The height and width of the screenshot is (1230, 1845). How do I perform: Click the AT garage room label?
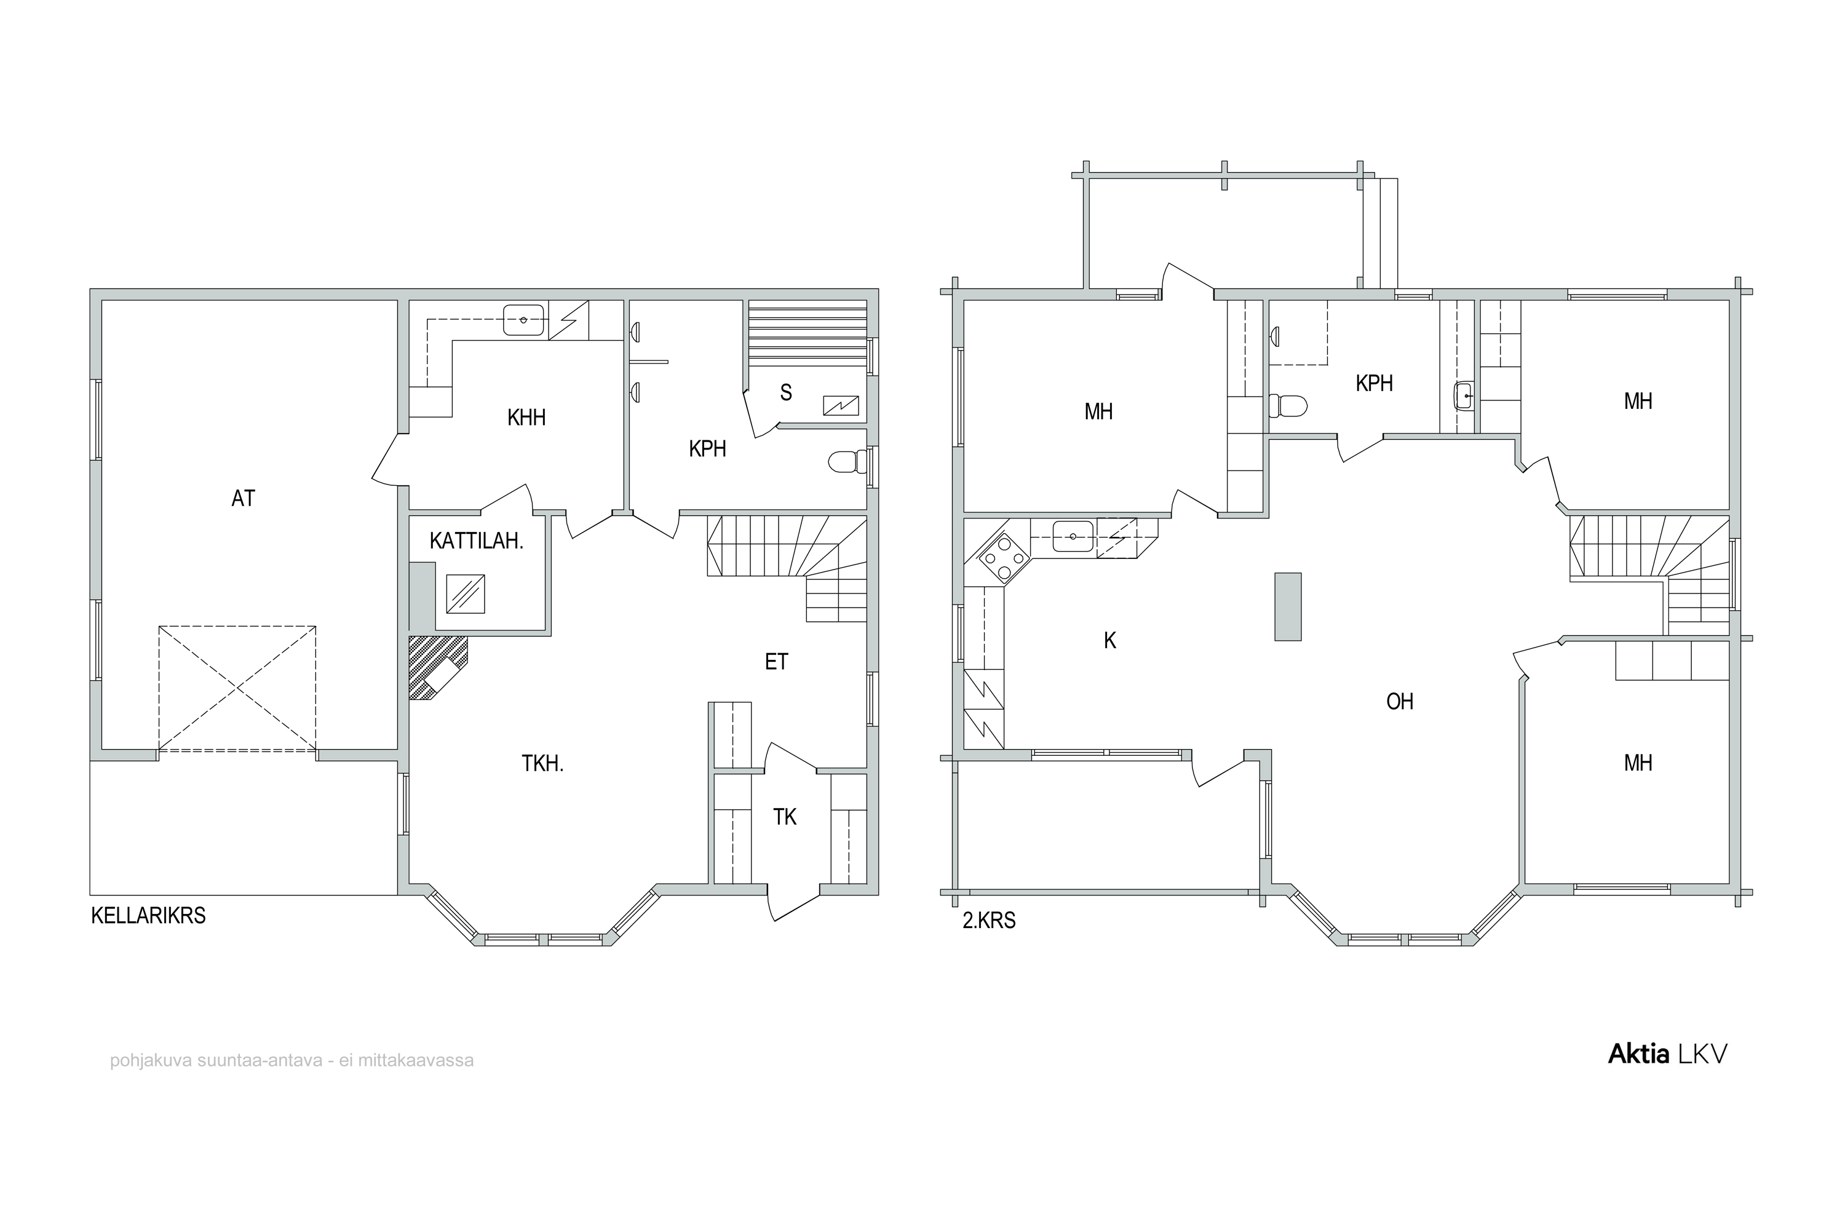coord(243,498)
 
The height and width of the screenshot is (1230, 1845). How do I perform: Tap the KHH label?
coord(526,418)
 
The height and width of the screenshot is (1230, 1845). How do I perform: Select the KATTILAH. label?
coord(476,541)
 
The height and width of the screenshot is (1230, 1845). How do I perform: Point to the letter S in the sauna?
coord(786,393)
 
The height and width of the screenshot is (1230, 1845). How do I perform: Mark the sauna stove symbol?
coord(840,405)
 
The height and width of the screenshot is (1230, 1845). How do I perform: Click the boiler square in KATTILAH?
coord(465,594)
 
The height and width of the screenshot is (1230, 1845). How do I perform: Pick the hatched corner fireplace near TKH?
coord(436,666)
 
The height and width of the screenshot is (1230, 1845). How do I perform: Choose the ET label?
coord(776,662)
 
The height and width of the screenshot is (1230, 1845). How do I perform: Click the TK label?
coord(785,817)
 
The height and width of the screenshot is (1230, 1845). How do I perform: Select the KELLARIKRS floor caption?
coord(148,916)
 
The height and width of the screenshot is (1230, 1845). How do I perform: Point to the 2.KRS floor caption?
coord(989,920)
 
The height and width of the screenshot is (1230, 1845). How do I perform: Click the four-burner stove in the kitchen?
coord(1005,559)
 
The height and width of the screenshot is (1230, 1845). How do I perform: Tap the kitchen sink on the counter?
coord(1073,536)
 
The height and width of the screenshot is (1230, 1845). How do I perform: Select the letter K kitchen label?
coord(1110,641)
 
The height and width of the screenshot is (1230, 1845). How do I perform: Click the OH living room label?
coord(1400,701)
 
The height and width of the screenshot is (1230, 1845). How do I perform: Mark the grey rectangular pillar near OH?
coord(1288,606)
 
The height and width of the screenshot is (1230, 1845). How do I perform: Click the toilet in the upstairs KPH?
coord(1288,405)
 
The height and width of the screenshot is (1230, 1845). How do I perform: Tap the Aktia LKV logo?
coord(1668,1054)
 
